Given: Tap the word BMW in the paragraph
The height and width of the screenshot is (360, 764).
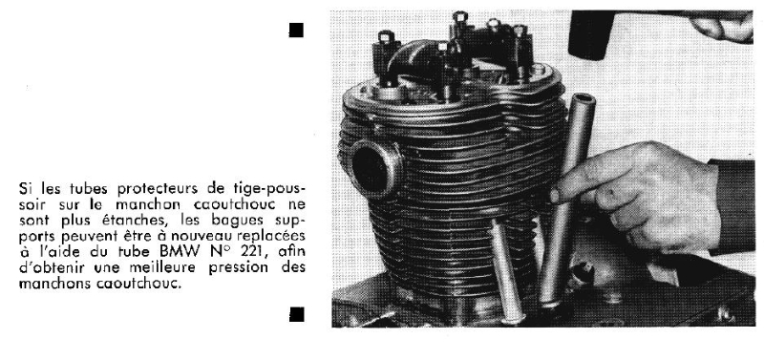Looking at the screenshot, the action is [180, 251].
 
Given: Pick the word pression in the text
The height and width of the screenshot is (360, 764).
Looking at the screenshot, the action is [238, 268].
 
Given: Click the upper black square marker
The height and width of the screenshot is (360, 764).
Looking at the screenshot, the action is [296, 31].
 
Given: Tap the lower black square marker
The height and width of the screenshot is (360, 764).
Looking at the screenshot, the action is [296, 314].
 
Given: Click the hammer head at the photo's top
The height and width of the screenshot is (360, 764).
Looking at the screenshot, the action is [591, 35].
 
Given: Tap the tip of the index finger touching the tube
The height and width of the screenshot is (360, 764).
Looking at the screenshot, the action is [556, 196].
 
